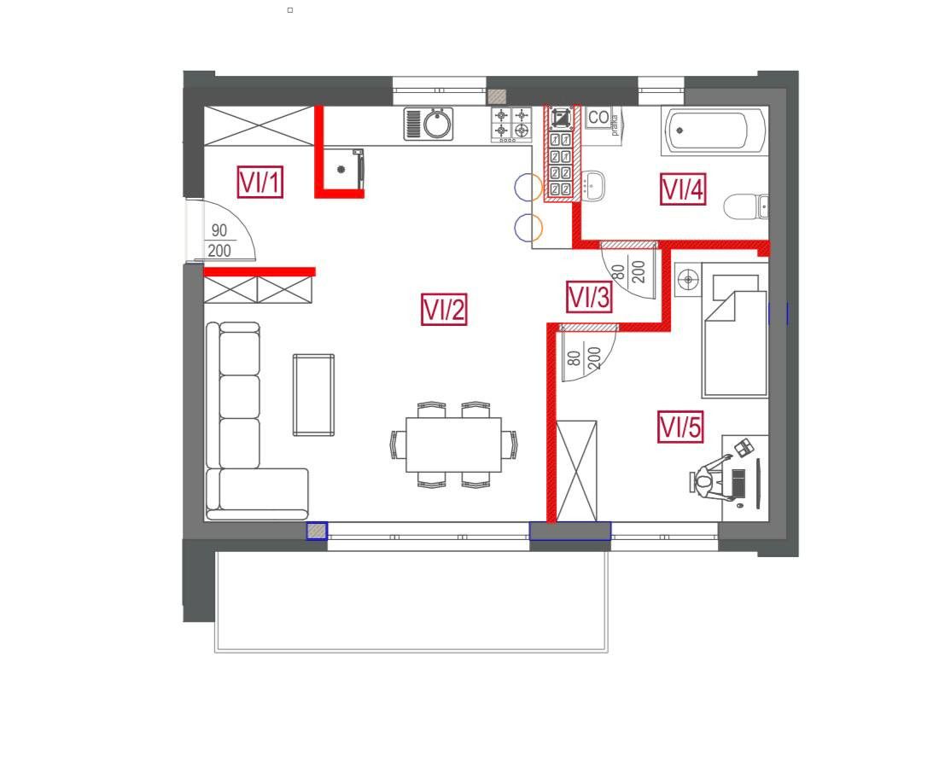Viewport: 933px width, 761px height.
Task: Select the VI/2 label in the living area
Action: click(x=444, y=309)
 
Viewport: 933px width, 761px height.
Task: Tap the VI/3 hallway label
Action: click(x=589, y=297)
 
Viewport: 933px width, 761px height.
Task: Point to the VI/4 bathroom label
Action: click(x=683, y=189)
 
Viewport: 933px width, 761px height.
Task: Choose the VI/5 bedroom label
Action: click(x=680, y=427)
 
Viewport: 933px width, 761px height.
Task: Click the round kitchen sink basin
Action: click(x=437, y=124)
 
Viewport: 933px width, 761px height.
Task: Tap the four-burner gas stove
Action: click(x=511, y=125)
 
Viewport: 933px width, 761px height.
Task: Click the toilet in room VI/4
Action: click(x=746, y=206)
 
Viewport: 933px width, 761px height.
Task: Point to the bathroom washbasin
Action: click(x=593, y=185)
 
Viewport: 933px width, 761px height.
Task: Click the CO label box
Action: click(x=598, y=118)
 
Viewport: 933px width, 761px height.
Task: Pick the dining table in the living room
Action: click(x=454, y=444)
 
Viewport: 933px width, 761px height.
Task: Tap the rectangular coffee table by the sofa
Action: click(x=313, y=395)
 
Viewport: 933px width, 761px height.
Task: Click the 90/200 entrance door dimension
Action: click(x=219, y=241)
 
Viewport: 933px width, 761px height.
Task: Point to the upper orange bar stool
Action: click(x=528, y=187)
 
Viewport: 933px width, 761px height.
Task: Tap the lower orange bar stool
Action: click(x=528, y=227)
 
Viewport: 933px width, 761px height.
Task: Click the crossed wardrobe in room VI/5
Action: click(x=576, y=471)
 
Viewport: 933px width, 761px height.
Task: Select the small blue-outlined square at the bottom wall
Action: click(x=318, y=531)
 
